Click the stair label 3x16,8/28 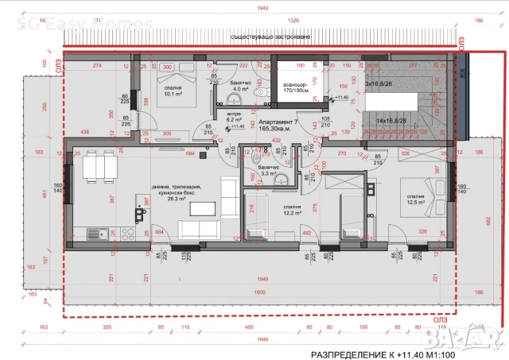click(376, 83)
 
